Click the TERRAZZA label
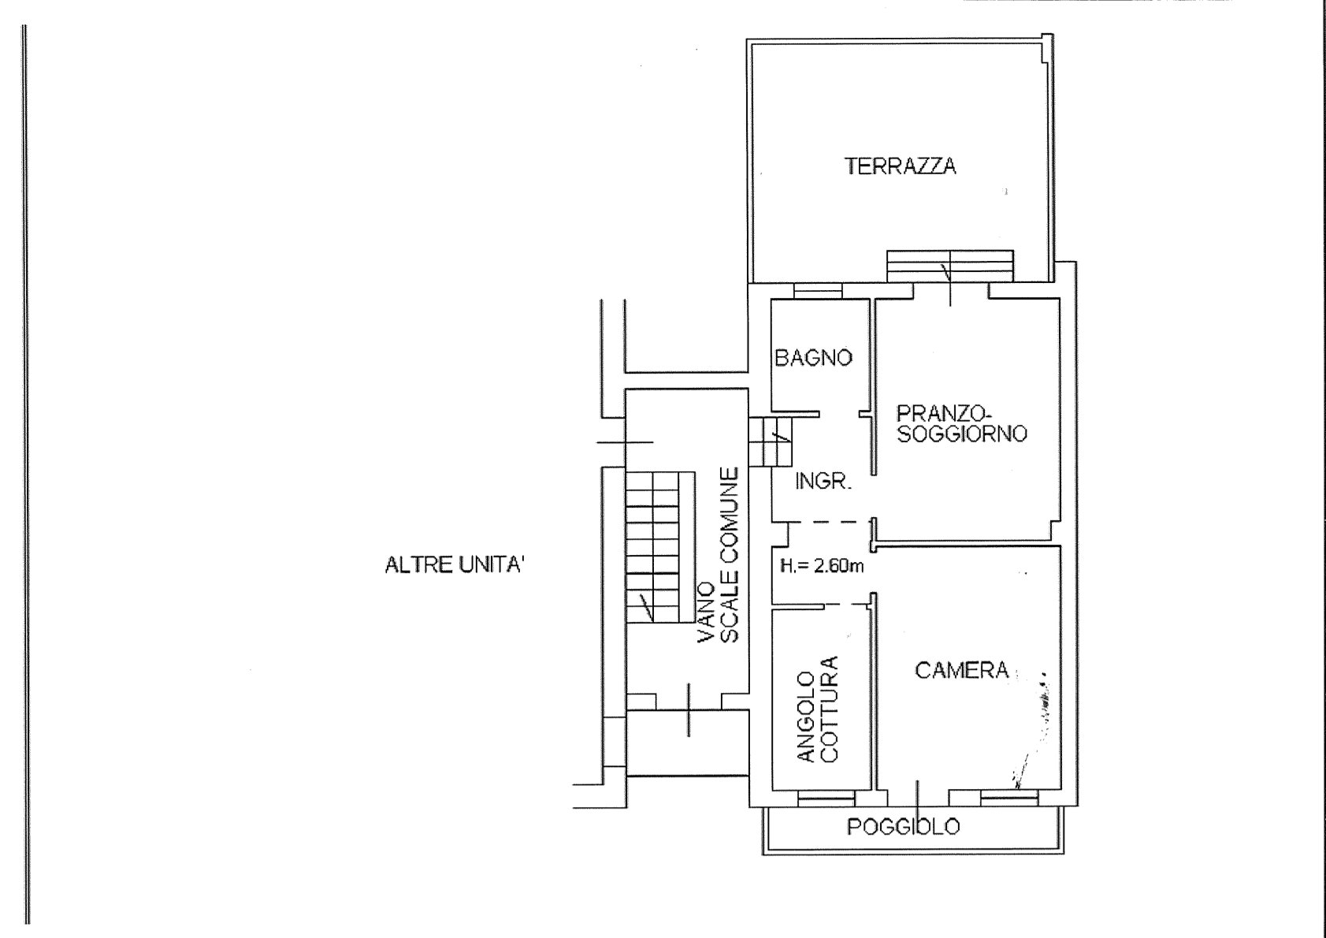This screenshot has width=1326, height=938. tap(900, 166)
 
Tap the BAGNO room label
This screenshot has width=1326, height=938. tap(813, 358)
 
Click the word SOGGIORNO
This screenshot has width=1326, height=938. tap(962, 434)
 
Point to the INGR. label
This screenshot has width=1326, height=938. tap(823, 481)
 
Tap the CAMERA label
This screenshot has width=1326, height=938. tap(961, 670)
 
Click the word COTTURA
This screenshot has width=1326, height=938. tap(829, 709)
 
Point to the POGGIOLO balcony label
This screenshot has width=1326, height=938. tap(904, 827)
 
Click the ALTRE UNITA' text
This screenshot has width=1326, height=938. tap(455, 565)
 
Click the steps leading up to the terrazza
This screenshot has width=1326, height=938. tap(950, 266)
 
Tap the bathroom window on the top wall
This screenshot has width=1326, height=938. tap(818, 292)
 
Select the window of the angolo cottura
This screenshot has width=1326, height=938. tap(826, 798)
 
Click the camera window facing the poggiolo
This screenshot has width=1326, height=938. tap(1009, 798)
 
